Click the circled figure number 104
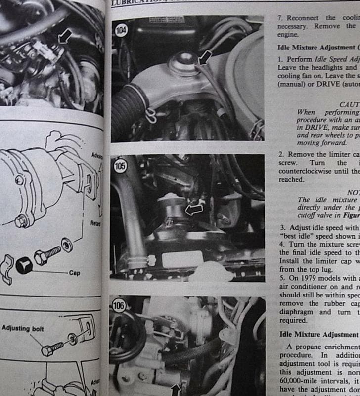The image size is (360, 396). tap(121, 30)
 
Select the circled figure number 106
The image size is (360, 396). tap(119, 306)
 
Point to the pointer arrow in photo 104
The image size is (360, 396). tap(204, 57)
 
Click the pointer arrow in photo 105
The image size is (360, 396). tap(194, 209)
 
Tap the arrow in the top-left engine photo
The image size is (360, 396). tap(65, 35)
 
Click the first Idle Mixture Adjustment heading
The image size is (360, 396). tap(316, 48)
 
